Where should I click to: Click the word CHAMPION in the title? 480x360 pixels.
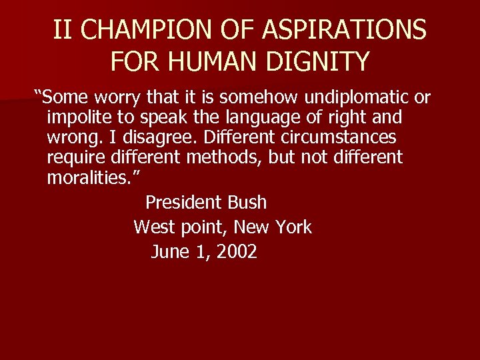[144, 30]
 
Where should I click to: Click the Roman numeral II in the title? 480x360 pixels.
[63, 30]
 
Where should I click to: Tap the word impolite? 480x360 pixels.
[79, 118]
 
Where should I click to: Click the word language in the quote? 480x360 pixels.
[251, 118]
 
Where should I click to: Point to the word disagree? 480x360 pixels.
[162, 137]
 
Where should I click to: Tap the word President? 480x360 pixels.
[181, 202]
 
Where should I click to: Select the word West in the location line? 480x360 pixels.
[153, 227]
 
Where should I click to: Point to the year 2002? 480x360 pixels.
[236, 252]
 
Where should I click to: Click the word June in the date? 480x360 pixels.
[169, 252]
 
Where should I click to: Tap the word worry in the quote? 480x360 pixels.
[110, 98]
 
